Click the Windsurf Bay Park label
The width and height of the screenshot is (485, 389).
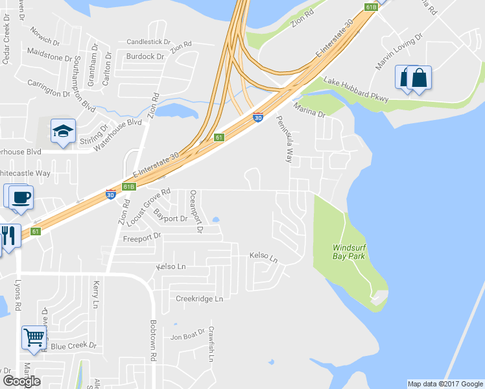click(349, 252)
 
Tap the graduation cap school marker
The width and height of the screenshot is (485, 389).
click(63, 132)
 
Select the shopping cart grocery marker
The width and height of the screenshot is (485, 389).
click(34, 337)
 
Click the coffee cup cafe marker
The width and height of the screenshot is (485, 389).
click(20, 196)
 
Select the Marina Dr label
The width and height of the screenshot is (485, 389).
click(308, 110)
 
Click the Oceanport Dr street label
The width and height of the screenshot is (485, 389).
click(196, 211)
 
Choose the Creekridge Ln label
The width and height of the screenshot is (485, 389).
click(199, 299)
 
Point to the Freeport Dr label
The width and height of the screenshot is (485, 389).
click(141, 239)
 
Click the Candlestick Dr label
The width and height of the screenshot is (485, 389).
click(148, 41)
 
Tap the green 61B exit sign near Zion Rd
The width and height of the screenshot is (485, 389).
click(128, 187)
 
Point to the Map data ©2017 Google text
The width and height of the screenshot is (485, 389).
click(444, 384)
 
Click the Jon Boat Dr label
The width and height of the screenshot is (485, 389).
click(187, 336)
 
